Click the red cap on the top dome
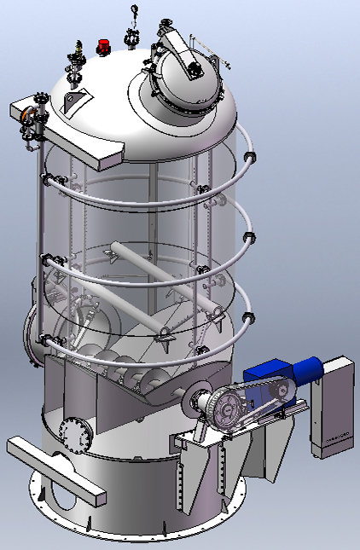104,44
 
